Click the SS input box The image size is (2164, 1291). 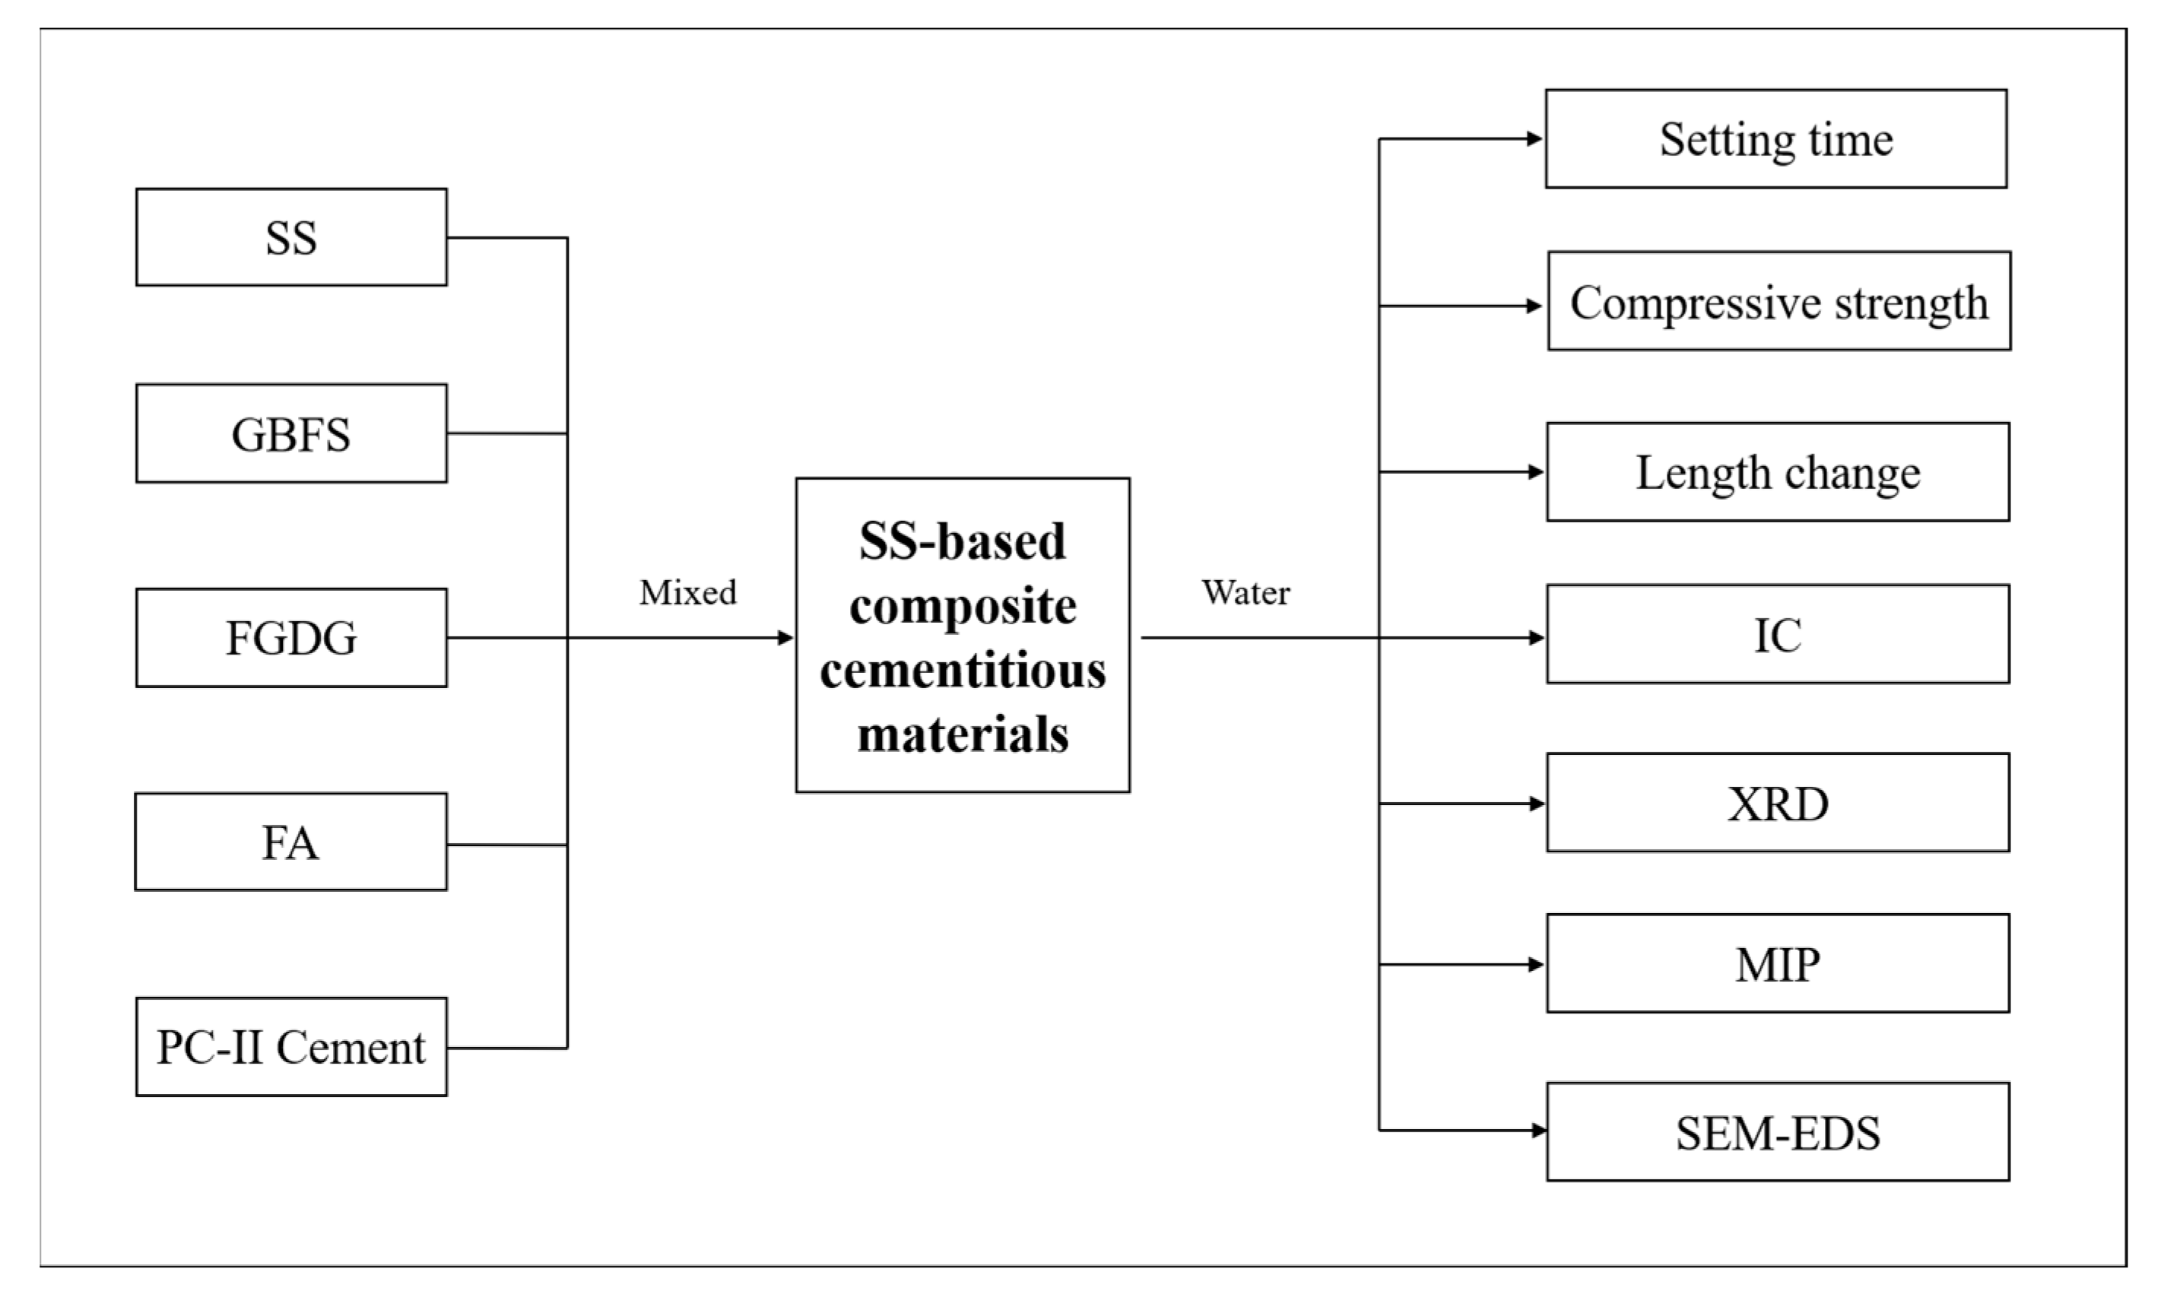tap(291, 237)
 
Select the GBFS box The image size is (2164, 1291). tap(291, 433)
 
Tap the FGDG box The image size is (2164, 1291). tap(291, 638)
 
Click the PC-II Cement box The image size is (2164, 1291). tap(291, 1046)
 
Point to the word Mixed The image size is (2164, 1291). tap(688, 593)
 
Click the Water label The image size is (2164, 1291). tap(1245, 593)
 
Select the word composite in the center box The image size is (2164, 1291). tap(963, 607)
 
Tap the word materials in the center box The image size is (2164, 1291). tap(963, 734)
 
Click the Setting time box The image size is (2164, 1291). tap(1776, 139)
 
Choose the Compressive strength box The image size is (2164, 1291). tap(1778, 302)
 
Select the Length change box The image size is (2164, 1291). tap(1778, 472)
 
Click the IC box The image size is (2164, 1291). tap(1778, 634)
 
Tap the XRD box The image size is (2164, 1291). tap(1778, 803)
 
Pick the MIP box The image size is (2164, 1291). tap(1778, 964)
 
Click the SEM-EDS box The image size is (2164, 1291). tap(1778, 1133)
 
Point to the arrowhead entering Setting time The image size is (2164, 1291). tap(1535, 139)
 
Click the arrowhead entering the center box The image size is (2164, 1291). tap(785, 638)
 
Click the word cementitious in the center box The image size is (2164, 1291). tap(963, 671)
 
